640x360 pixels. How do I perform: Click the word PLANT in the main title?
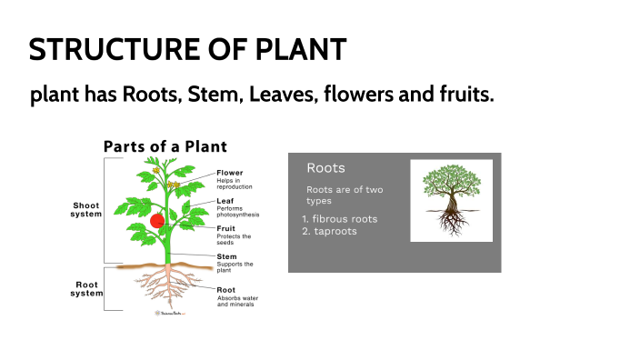pos(301,49)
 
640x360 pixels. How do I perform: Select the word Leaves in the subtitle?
pos(275,95)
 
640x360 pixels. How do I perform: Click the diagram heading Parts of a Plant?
pos(165,146)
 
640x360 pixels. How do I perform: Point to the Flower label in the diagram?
pos(230,172)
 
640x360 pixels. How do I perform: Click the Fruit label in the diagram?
pos(225,228)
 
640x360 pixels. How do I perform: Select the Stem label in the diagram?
pos(226,256)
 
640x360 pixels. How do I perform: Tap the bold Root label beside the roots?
pos(226,290)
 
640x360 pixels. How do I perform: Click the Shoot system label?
pos(87,210)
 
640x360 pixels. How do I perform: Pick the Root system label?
pos(87,289)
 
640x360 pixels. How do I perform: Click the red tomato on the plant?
pos(157,220)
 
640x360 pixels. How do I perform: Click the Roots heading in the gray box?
pos(325,168)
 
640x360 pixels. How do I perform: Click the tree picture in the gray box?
pos(451,201)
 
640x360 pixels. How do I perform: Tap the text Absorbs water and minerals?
pos(235,301)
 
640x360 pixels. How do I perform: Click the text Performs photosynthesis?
pos(237,211)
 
